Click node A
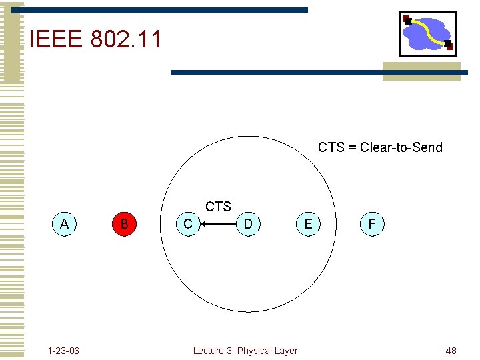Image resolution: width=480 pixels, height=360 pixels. pyautogui.click(x=64, y=224)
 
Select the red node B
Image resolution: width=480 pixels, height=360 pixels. pyautogui.click(x=124, y=224)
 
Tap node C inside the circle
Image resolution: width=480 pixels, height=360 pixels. pyautogui.click(x=188, y=224)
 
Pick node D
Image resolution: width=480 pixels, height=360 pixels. pyautogui.click(x=248, y=224)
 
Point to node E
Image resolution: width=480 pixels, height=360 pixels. pyautogui.click(x=308, y=224)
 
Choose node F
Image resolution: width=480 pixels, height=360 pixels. pyautogui.click(x=371, y=224)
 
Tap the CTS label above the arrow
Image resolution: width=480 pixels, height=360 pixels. pyautogui.click(x=218, y=207)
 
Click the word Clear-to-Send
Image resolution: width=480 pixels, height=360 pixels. pyautogui.click(x=401, y=147)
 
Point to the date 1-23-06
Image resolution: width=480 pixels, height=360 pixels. pyautogui.click(x=63, y=351)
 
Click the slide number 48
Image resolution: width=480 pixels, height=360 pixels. pyautogui.click(x=451, y=351)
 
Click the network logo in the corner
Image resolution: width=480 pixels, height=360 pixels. pyautogui.click(x=428, y=34)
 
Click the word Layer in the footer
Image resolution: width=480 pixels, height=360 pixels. pyautogui.click(x=287, y=351)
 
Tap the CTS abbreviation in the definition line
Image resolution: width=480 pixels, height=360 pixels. pyautogui.click(x=331, y=147)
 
